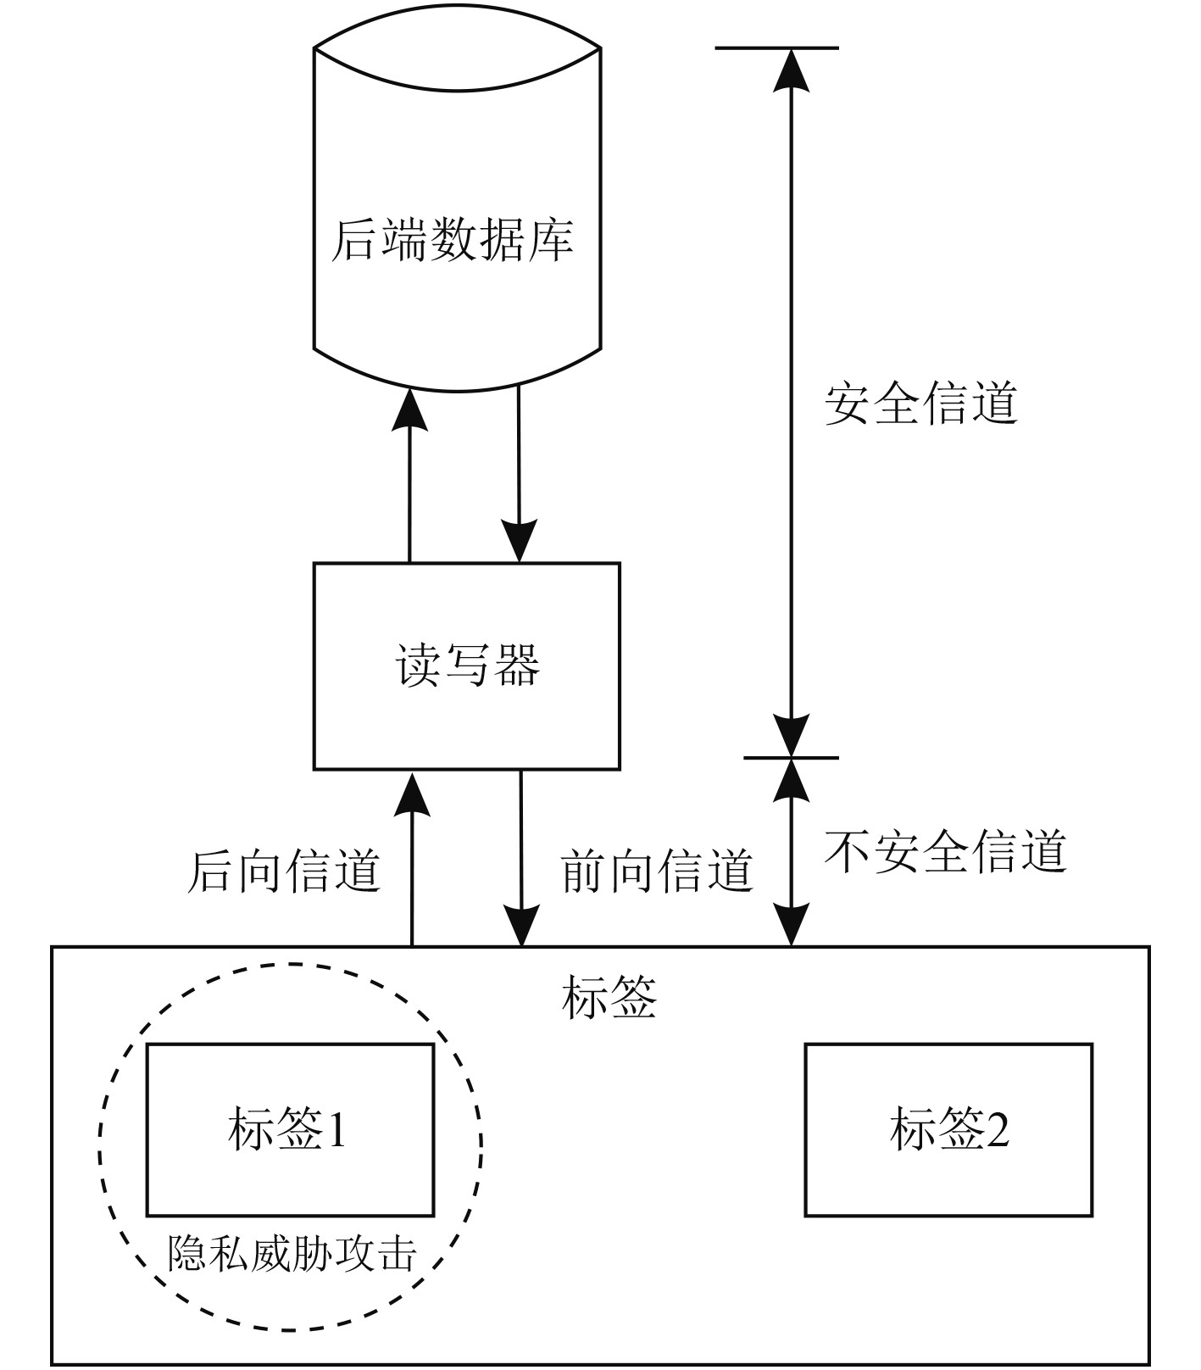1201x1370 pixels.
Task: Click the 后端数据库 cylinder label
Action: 452,240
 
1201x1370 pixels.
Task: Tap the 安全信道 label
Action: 920,403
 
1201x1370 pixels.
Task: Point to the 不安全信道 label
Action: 945,850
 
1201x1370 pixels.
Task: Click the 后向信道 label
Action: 284,871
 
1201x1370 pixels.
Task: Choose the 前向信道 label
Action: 658,871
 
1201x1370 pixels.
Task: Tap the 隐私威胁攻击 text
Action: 292,1254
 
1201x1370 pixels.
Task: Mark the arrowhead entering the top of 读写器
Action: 519,539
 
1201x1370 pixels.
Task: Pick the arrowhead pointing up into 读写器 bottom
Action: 412,794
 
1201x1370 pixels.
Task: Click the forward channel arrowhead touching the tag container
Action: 521,922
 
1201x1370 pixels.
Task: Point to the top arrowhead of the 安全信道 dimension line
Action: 791,71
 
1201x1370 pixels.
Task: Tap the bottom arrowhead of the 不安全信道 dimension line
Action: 791,922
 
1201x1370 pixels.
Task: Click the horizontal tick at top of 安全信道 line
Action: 777,47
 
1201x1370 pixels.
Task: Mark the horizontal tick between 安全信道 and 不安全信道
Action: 791,757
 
